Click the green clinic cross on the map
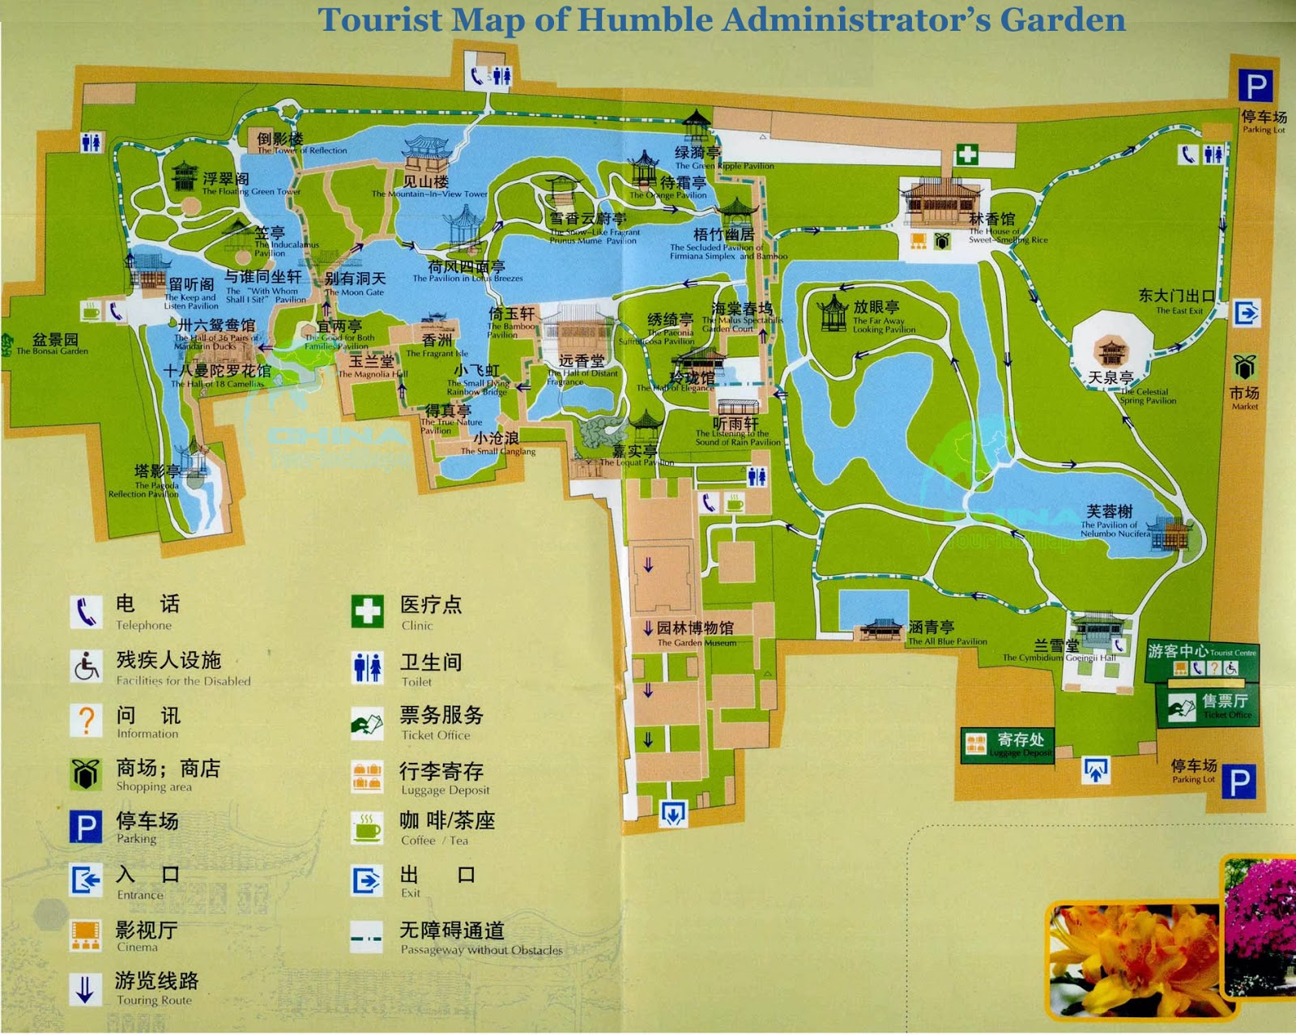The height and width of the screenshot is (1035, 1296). tap(966, 154)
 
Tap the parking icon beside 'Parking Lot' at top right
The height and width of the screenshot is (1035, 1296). tap(1255, 85)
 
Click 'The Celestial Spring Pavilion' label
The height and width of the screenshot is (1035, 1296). tap(1148, 396)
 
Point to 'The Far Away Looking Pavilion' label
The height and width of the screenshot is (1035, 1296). tap(883, 325)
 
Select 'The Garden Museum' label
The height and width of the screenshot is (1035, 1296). tap(696, 642)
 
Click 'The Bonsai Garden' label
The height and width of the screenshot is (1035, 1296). tap(52, 351)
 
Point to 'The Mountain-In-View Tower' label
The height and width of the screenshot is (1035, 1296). tap(429, 194)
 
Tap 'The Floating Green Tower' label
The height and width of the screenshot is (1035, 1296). tap(251, 192)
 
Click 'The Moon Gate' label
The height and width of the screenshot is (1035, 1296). tap(354, 292)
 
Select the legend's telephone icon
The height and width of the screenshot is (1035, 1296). tap(86, 612)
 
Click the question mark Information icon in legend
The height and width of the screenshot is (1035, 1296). tap(86, 720)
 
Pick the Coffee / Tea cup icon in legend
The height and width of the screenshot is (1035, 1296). tap(367, 828)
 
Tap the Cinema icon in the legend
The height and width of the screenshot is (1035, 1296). tap(86, 935)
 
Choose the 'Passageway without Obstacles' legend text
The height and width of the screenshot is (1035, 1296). tap(481, 950)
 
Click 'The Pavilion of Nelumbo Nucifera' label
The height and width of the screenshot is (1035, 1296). tap(1115, 529)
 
